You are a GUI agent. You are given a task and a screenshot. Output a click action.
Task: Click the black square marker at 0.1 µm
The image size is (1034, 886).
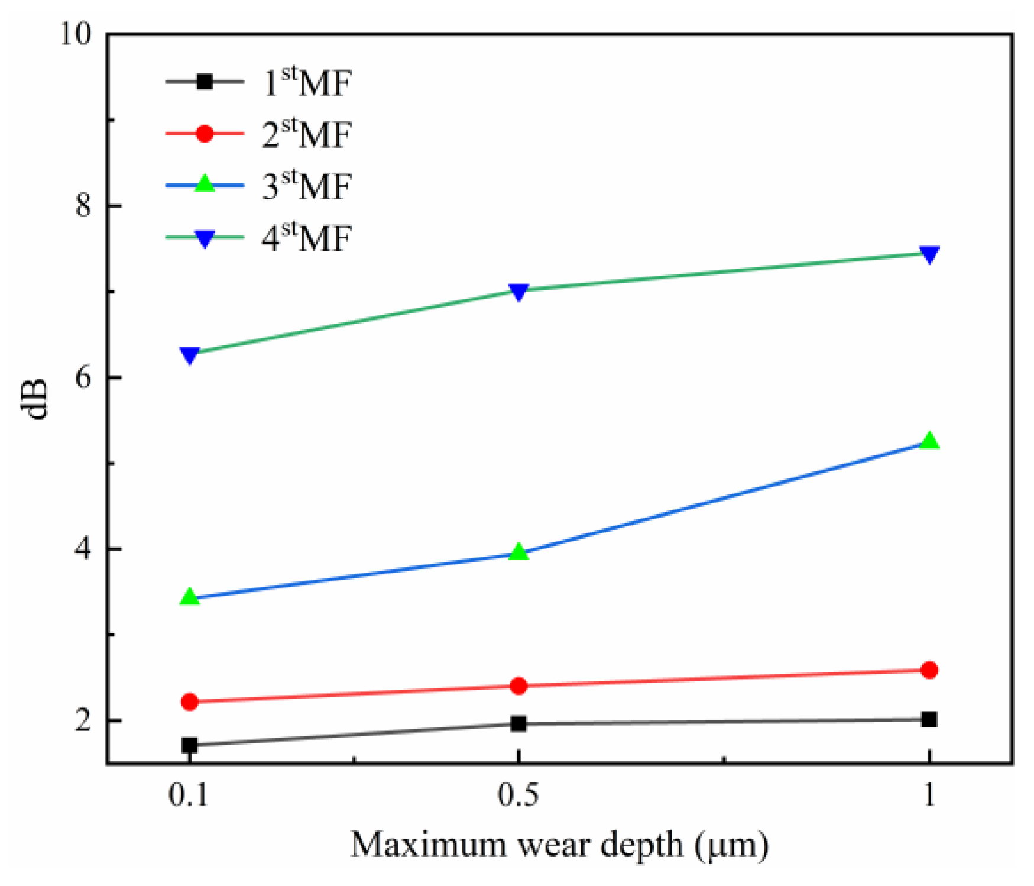coord(189,745)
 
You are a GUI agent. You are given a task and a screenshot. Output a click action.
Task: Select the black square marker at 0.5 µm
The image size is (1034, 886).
coord(518,723)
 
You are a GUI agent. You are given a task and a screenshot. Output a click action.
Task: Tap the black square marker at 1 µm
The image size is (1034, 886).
coord(929,719)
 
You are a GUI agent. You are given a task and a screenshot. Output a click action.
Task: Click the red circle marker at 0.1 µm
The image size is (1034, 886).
coord(189,701)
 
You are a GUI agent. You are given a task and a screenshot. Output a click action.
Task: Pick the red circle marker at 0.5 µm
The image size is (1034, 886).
coord(518,685)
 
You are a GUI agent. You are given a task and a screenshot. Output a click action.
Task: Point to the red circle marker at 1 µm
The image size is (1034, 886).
coord(929,670)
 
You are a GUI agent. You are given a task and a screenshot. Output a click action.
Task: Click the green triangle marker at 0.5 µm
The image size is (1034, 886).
coord(518,552)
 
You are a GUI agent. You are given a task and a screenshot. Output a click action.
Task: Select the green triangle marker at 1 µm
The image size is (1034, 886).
coord(929,441)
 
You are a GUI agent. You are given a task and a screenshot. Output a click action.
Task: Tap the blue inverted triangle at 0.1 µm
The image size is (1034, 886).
coord(189,355)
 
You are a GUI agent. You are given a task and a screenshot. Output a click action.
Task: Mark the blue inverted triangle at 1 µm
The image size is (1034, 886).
coord(929,254)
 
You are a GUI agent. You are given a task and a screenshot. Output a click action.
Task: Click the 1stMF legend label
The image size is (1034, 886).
coord(306,82)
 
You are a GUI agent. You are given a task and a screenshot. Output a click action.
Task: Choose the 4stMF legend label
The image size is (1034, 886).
coord(306,238)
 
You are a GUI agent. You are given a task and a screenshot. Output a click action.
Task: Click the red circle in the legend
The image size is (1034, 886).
coord(204,134)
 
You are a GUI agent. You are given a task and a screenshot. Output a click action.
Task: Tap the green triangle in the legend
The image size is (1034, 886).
coord(204,185)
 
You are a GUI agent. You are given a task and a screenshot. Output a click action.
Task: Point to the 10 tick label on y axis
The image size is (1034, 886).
coord(76,34)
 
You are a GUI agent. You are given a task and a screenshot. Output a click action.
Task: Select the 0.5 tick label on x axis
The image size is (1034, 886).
coord(518,794)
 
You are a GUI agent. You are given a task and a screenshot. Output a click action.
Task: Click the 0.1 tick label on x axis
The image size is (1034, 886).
coord(189,794)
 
